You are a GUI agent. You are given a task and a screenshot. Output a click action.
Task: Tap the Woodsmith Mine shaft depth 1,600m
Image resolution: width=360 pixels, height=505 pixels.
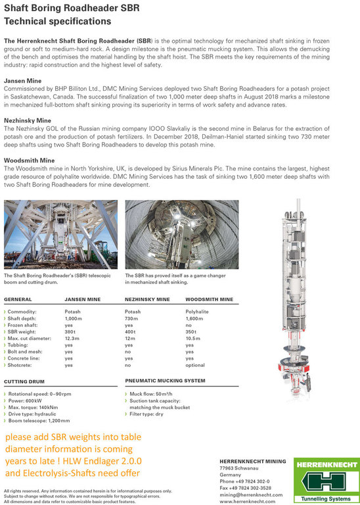point(194,318)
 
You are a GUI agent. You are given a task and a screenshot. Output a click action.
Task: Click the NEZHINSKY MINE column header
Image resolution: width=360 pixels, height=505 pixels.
point(147,299)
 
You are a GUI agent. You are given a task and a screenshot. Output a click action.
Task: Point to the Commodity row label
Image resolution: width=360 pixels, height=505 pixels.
point(22,312)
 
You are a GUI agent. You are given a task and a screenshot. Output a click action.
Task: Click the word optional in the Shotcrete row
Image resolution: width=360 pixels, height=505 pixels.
point(195,365)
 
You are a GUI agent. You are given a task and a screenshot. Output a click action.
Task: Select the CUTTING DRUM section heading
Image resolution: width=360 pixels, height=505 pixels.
point(24,381)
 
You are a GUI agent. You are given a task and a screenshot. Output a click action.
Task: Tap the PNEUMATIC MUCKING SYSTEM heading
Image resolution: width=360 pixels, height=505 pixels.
point(165,381)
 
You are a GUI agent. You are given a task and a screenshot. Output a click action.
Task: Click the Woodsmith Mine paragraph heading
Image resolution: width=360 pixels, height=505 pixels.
point(30,160)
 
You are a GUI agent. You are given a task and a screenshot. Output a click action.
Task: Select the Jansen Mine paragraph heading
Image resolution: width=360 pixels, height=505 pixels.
point(22,80)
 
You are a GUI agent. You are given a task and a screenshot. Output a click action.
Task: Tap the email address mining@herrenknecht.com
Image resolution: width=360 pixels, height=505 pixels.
point(251,494)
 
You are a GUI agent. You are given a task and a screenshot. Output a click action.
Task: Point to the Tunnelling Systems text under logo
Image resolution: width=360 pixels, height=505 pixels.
point(326,499)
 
